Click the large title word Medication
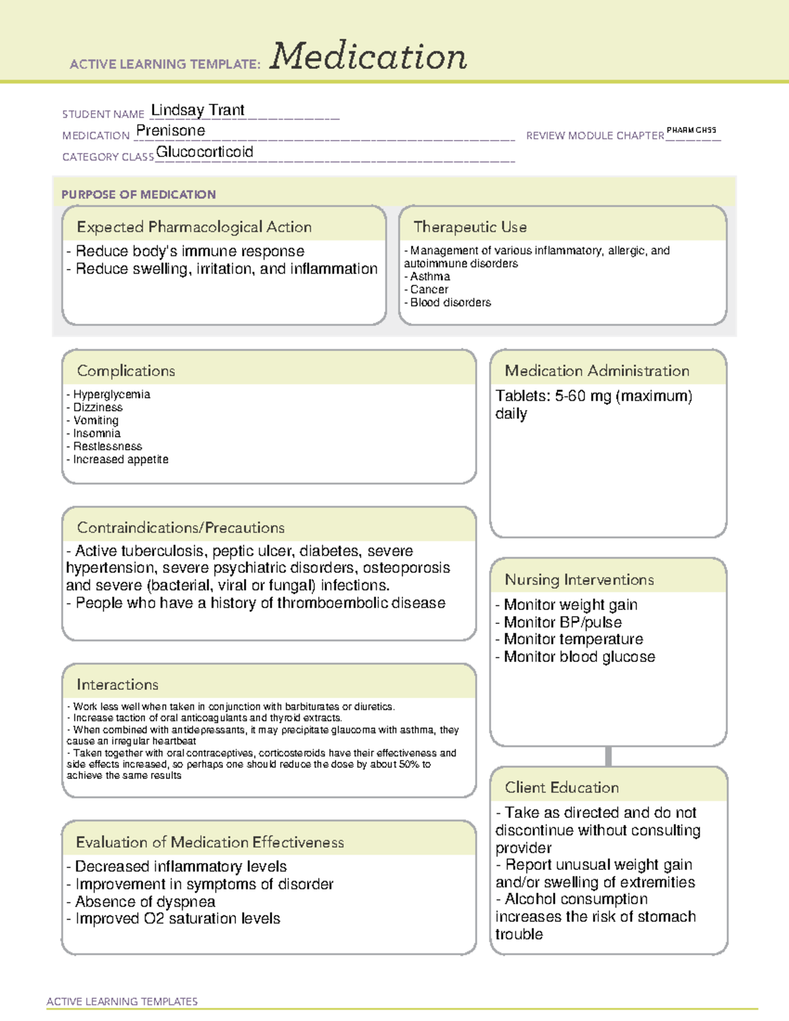tap(368, 57)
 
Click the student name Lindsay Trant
tap(197, 110)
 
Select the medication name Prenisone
tap(170, 131)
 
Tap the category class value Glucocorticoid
tap(204, 152)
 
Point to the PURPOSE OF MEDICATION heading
tap(138, 195)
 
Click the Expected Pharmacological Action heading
tap(194, 227)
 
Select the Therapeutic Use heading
tap(470, 227)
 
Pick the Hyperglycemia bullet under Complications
tap(111, 394)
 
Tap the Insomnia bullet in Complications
tap(97, 433)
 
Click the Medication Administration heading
tap(597, 371)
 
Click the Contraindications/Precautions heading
tap(181, 528)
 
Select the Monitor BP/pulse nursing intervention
tap(562, 622)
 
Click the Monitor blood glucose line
tap(579, 657)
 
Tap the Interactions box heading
tap(117, 684)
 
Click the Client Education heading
tap(562, 788)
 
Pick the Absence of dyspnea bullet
tap(145, 901)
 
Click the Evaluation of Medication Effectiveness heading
tap(210, 842)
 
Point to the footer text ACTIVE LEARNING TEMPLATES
tap(122, 1001)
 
